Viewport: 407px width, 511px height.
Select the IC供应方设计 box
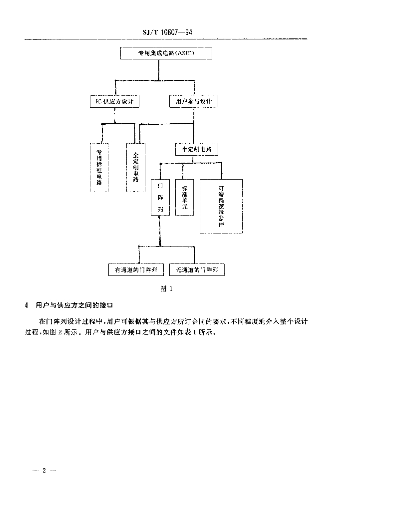(x=114, y=101)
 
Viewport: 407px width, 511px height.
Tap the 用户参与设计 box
(x=193, y=101)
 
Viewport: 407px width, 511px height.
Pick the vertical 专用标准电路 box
(x=99, y=167)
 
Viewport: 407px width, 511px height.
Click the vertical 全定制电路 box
(x=135, y=167)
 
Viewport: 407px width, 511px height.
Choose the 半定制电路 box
(x=196, y=149)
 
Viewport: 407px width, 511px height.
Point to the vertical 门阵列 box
(x=160, y=197)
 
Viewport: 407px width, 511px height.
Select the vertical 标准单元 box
(x=184, y=197)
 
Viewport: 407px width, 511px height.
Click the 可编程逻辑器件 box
(x=221, y=206)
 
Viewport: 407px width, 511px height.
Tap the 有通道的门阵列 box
(x=136, y=270)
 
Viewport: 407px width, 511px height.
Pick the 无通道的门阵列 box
(x=197, y=270)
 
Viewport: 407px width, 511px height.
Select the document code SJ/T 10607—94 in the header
(x=167, y=32)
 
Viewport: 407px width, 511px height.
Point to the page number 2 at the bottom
(x=44, y=471)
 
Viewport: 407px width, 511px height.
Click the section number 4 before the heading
(x=26, y=305)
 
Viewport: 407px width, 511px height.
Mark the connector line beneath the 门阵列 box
(x=160, y=230)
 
